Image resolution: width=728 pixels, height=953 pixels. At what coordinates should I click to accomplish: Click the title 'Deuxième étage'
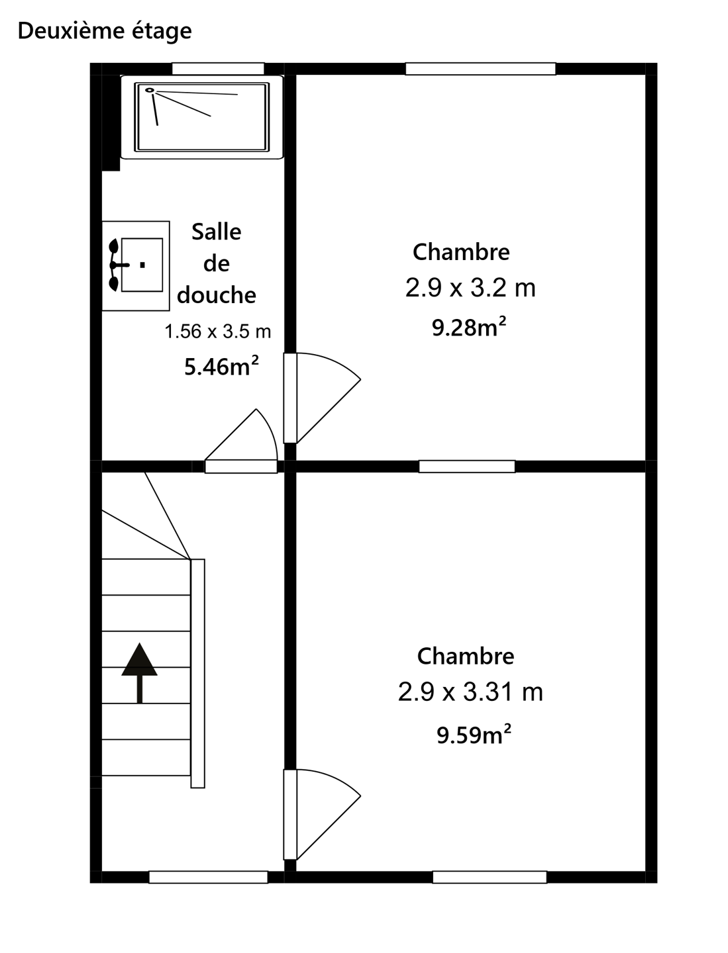(x=105, y=31)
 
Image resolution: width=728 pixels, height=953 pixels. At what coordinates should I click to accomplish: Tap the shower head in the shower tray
(x=150, y=90)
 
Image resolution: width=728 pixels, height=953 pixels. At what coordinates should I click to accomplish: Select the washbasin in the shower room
(x=136, y=265)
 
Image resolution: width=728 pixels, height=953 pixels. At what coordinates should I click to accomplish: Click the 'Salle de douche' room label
(x=217, y=263)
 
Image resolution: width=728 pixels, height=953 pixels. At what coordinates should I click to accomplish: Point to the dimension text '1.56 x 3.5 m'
(x=218, y=332)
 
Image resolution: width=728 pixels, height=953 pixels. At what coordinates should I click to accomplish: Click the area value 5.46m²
(x=221, y=365)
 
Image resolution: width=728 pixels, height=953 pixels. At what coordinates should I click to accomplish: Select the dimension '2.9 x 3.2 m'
(x=470, y=287)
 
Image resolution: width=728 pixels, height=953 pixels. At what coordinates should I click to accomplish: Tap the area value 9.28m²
(x=469, y=327)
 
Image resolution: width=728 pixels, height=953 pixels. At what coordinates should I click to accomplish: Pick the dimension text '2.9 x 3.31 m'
(x=470, y=691)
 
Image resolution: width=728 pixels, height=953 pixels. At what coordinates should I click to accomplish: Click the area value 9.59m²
(x=474, y=735)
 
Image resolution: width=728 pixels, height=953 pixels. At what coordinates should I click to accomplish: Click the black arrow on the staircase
(x=139, y=672)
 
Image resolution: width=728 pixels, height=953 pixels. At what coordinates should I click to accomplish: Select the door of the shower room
(x=241, y=441)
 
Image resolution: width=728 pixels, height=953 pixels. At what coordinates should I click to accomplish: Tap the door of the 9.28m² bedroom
(x=323, y=398)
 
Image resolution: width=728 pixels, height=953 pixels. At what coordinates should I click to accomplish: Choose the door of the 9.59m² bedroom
(x=323, y=815)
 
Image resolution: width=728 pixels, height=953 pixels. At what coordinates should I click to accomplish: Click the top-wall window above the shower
(x=218, y=69)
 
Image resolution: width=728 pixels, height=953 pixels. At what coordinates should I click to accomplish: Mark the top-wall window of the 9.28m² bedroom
(x=480, y=69)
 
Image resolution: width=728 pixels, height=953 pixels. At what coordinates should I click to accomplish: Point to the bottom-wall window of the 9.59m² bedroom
(x=490, y=877)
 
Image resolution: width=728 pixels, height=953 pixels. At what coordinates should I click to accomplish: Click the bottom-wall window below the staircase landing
(x=209, y=877)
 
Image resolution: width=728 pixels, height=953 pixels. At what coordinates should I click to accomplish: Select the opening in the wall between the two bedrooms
(x=467, y=467)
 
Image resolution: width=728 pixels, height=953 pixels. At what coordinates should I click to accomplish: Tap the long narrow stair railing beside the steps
(x=197, y=674)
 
